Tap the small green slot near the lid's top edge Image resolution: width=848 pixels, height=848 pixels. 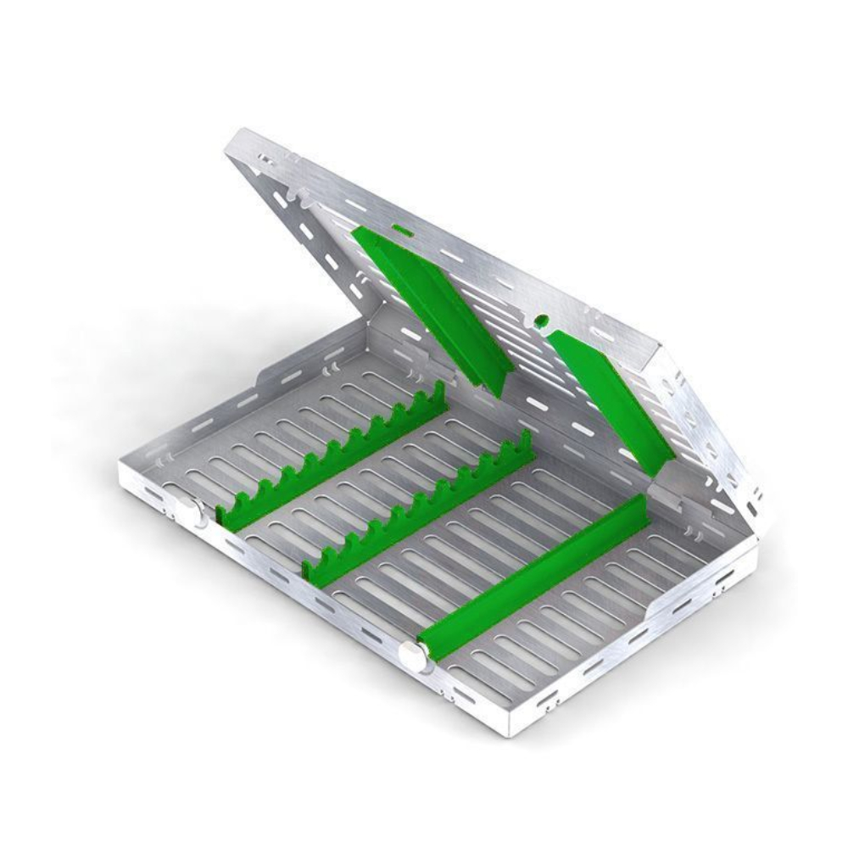point(401,228)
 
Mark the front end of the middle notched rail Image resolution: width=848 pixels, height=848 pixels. point(312,573)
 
